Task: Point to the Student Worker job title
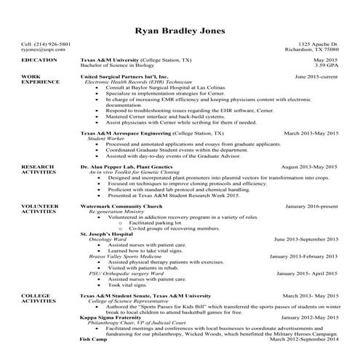pyautogui.click(x=105, y=140)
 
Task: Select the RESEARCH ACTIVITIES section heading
pyautogui.click(x=39, y=169)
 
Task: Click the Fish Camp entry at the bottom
pyautogui.click(x=93, y=339)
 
